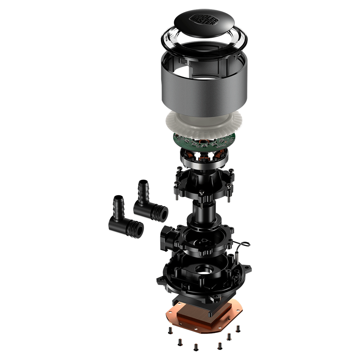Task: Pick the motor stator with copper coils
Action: [x=204, y=158]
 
